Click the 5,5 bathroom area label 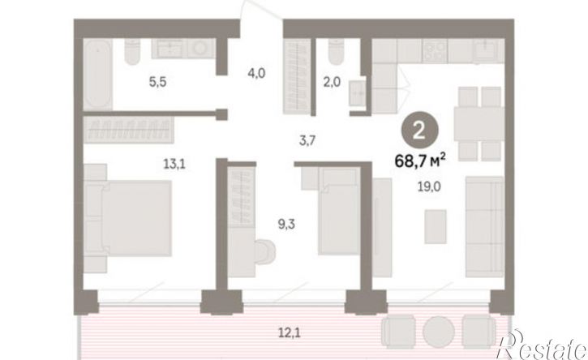coord(157,82)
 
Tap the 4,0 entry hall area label coord(256,73)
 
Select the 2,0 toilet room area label coord(332,82)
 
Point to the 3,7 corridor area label coord(307,141)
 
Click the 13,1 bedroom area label coord(174,164)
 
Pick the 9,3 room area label coord(286,225)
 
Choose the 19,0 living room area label coord(429,186)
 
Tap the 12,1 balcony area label coord(289,332)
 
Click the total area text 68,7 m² coord(420,161)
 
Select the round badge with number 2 coord(419,131)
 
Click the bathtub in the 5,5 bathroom coord(97,75)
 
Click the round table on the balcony coord(439,332)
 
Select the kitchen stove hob coord(435,51)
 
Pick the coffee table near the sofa coord(436,226)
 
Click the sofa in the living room coord(484,227)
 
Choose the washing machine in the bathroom coord(201,49)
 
